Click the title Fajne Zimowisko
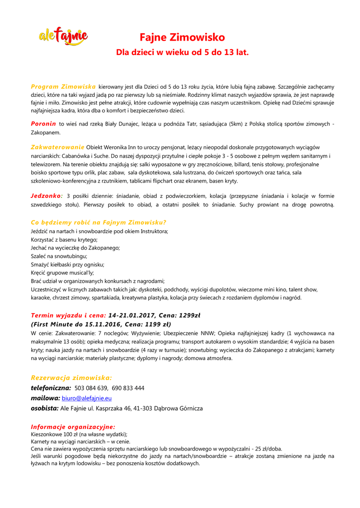(x=182, y=38)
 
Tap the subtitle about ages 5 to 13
(x=182, y=52)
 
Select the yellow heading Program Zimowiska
(x=63, y=87)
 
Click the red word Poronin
(x=43, y=124)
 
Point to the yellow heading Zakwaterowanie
(x=58, y=147)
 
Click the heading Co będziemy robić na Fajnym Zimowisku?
(x=98, y=222)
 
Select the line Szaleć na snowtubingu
(x=59, y=256)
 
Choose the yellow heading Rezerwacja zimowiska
(x=72, y=378)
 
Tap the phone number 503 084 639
(x=91, y=388)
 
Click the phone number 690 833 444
(x=128, y=388)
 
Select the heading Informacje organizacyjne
(x=73, y=427)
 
